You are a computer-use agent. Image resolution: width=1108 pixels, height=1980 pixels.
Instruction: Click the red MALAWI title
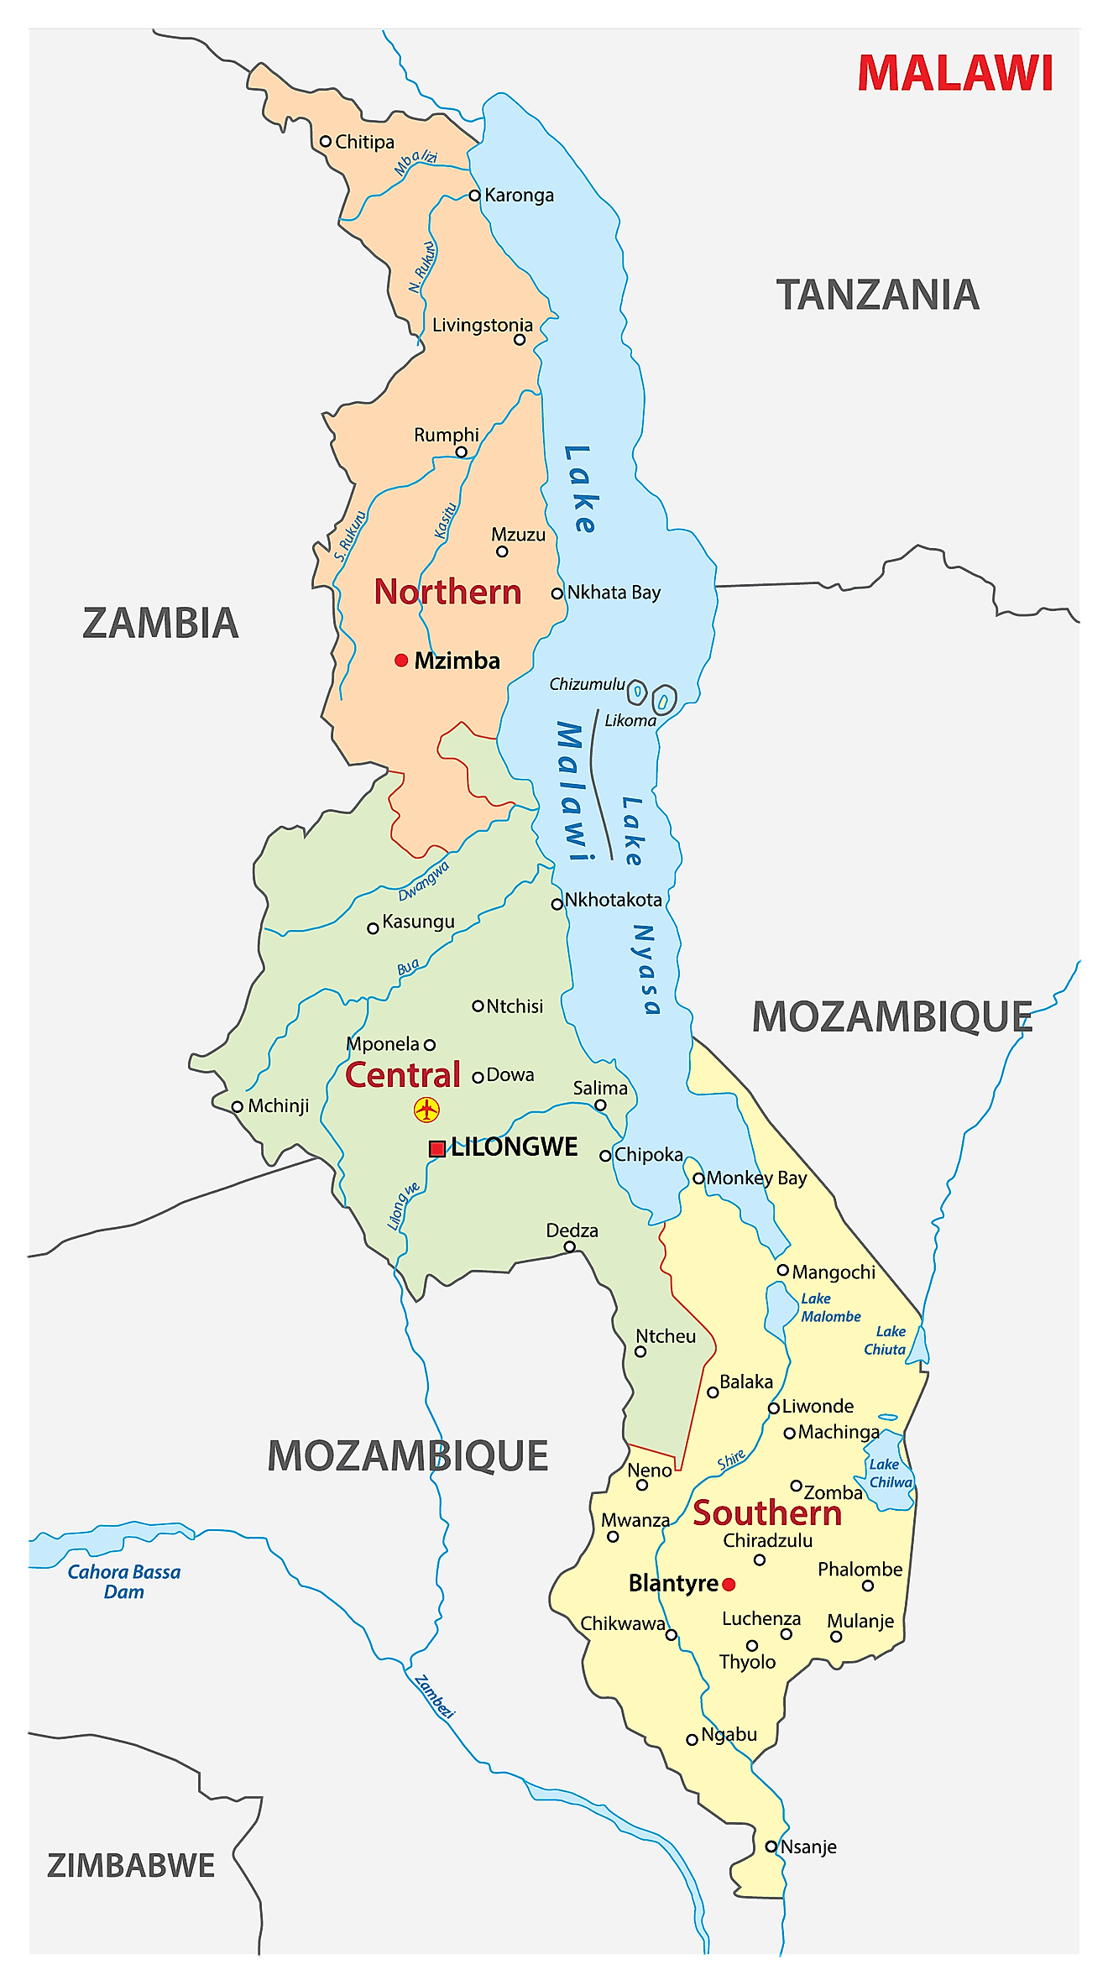click(954, 73)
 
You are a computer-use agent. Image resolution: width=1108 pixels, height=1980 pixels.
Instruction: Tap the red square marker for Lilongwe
click(436, 1149)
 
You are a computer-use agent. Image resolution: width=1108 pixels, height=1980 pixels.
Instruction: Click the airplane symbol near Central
click(427, 1110)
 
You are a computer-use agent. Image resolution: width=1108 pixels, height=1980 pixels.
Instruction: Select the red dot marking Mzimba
click(401, 661)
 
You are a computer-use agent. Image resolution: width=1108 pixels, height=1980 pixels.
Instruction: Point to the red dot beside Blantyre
click(729, 1585)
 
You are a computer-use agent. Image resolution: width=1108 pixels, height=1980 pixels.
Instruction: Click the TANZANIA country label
click(877, 295)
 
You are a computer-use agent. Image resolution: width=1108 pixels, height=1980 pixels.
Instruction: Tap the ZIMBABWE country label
click(131, 1866)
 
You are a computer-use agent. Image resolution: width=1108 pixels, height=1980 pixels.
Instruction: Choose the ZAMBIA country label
click(160, 624)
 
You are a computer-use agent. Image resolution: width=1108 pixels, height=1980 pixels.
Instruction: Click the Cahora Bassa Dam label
click(123, 1581)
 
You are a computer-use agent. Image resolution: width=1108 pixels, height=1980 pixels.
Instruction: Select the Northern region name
click(447, 592)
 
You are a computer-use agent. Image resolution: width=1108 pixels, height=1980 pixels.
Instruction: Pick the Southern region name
click(766, 1513)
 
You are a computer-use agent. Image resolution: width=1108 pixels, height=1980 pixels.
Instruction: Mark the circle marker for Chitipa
click(326, 141)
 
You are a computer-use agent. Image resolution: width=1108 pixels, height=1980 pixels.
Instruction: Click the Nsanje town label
click(807, 1847)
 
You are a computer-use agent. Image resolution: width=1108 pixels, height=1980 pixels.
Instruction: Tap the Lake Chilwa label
click(890, 1473)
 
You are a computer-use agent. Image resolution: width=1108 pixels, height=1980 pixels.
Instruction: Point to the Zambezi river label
click(434, 1696)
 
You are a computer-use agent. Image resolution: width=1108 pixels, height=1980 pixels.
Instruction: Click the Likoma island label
click(630, 720)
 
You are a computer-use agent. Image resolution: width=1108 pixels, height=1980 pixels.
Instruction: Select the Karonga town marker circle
click(474, 196)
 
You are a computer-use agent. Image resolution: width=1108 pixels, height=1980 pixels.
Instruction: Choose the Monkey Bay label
click(756, 1178)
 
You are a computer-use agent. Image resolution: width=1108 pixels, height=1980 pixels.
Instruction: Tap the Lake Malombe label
click(829, 1308)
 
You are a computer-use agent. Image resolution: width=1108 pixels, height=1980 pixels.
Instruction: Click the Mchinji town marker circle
click(238, 1107)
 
